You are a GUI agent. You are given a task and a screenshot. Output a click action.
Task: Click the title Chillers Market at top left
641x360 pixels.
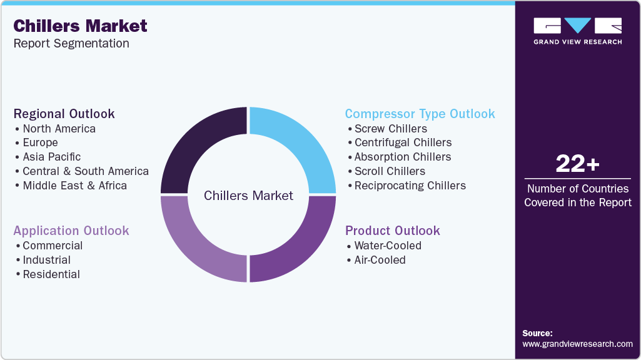pyautogui.click(x=80, y=26)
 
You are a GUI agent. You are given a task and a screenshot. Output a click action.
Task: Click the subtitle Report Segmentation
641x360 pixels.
pyautogui.click(x=71, y=43)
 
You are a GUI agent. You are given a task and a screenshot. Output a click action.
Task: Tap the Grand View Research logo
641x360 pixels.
pyautogui.click(x=577, y=31)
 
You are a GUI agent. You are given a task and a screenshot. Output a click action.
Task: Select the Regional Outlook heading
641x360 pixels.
pyautogui.click(x=64, y=114)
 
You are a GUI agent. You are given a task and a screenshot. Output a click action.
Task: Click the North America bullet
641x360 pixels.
pyautogui.click(x=59, y=129)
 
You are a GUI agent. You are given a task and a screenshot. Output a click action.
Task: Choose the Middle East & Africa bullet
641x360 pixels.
pyautogui.click(x=74, y=186)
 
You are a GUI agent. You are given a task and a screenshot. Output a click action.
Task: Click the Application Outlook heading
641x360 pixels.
pyautogui.click(x=71, y=231)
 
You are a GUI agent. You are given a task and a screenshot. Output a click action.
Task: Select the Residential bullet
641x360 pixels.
pyautogui.click(x=51, y=274)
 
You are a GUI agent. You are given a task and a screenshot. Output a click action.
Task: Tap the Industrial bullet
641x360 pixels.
pyautogui.click(x=46, y=260)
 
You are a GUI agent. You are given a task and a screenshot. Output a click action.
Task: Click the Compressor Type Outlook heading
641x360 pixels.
pyautogui.click(x=420, y=114)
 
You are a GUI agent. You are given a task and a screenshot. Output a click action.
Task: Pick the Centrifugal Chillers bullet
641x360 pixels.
pyautogui.click(x=403, y=142)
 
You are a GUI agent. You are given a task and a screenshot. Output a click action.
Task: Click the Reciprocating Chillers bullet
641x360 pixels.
pyautogui.click(x=410, y=186)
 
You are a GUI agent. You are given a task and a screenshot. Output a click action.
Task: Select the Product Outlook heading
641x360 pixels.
pyautogui.click(x=393, y=231)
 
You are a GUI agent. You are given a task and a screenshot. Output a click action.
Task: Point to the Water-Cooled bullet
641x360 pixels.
pyautogui.click(x=388, y=246)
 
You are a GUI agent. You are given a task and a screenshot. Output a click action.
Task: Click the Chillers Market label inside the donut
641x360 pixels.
pyautogui.click(x=248, y=196)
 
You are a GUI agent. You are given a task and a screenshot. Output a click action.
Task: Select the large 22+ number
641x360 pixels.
pyautogui.click(x=577, y=164)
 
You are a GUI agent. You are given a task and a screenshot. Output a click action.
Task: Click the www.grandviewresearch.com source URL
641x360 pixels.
pyautogui.click(x=577, y=344)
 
